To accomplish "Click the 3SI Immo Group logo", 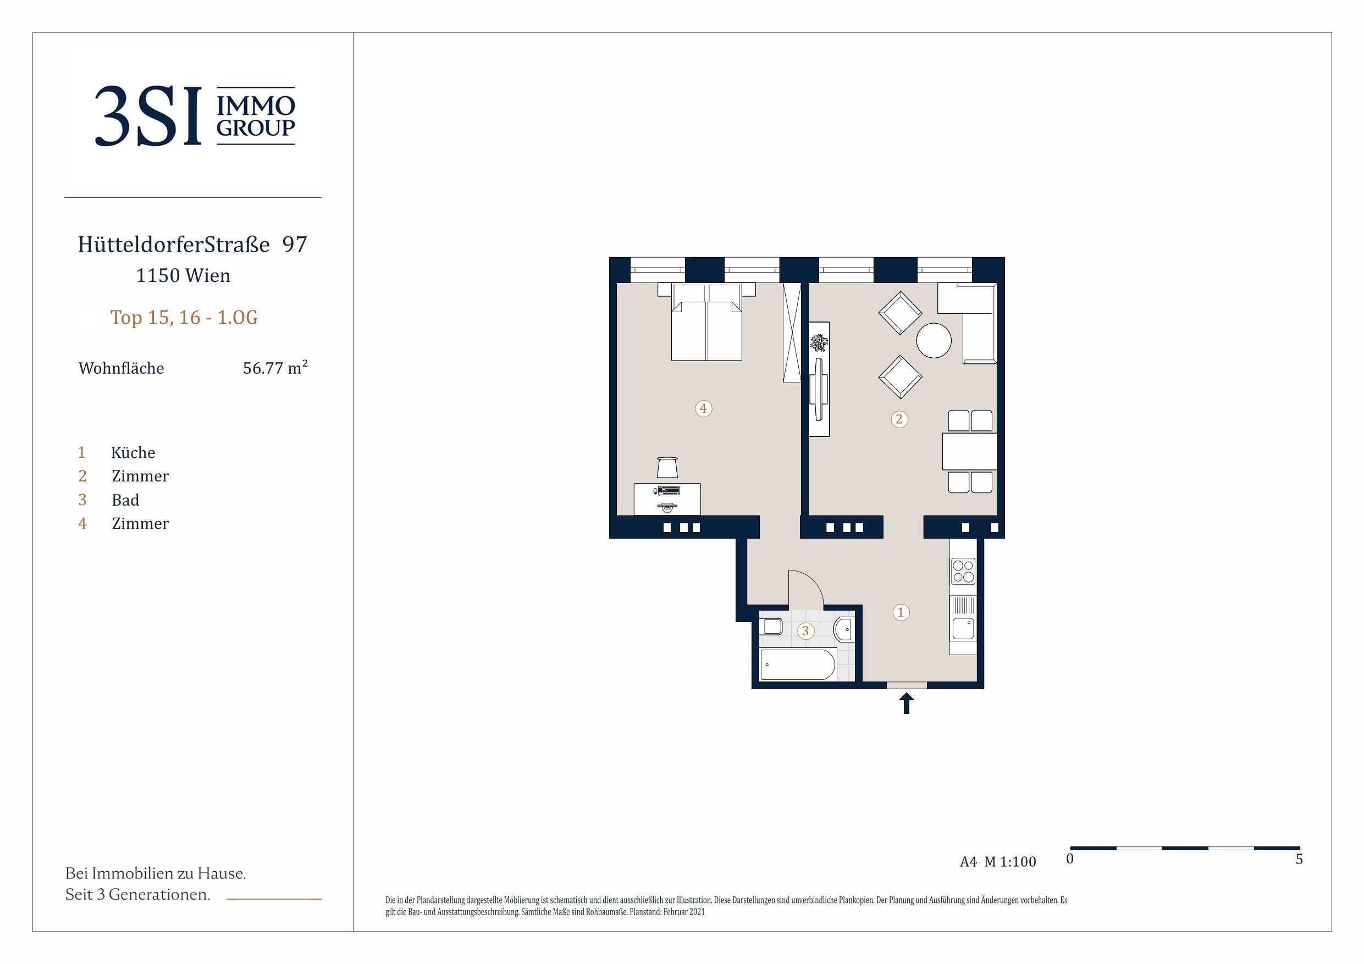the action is point(195,116).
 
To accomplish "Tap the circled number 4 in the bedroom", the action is point(703,409).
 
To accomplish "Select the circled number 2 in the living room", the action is point(899,419).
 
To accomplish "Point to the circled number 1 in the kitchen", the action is point(901,612).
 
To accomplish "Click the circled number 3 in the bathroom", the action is point(805,631).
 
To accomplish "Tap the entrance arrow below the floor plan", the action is point(907,703).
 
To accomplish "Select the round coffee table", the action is point(934,340).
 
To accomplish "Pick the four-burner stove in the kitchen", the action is point(963,572).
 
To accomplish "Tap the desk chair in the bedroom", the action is point(667,468).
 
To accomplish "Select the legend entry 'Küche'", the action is point(133,453).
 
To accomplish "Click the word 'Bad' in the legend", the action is point(125,500).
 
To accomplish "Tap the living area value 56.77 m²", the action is point(275,368).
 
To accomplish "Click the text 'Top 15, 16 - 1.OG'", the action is point(184,317).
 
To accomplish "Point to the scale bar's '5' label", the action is point(1299,859).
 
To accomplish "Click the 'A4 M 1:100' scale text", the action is point(998,862).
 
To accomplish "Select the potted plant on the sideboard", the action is point(819,343).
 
